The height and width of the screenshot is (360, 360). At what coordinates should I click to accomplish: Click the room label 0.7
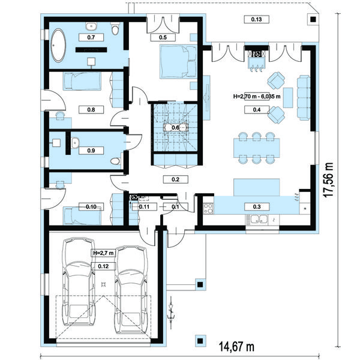click(x=91, y=37)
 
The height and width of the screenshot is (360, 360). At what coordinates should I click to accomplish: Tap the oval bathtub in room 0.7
click(x=58, y=45)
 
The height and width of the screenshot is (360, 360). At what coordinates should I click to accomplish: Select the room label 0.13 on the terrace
click(x=256, y=19)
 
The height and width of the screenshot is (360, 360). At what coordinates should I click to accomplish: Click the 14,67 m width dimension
click(x=237, y=347)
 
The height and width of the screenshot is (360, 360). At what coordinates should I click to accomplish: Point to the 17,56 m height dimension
click(x=328, y=179)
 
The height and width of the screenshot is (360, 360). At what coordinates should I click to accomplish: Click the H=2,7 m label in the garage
click(x=103, y=253)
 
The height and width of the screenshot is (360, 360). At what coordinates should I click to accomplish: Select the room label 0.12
click(x=103, y=266)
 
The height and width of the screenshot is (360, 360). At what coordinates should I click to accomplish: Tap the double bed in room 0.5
click(x=178, y=62)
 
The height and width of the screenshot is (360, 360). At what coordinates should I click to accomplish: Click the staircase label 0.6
click(x=175, y=127)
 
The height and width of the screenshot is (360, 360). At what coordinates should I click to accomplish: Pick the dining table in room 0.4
click(x=256, y=148)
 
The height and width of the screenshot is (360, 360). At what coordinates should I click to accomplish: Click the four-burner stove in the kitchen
click(x=208, y=208)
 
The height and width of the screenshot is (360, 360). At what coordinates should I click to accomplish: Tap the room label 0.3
click(x=257, y=206)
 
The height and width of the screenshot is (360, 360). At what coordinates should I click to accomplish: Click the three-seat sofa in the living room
click(x=304, y=97)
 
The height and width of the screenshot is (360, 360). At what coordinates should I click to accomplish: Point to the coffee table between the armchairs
click(x=288, y=98)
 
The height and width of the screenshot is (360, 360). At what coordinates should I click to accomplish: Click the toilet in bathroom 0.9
click(x=115, y=161)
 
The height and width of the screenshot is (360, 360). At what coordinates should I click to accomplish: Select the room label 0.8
click(x=91, y=110)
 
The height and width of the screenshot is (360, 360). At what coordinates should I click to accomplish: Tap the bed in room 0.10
click(x=82, y=216)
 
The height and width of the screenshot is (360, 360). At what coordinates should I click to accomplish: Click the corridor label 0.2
click(x=175, y=179)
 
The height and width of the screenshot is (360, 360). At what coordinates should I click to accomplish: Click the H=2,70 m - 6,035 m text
click(x=257, y=97)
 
